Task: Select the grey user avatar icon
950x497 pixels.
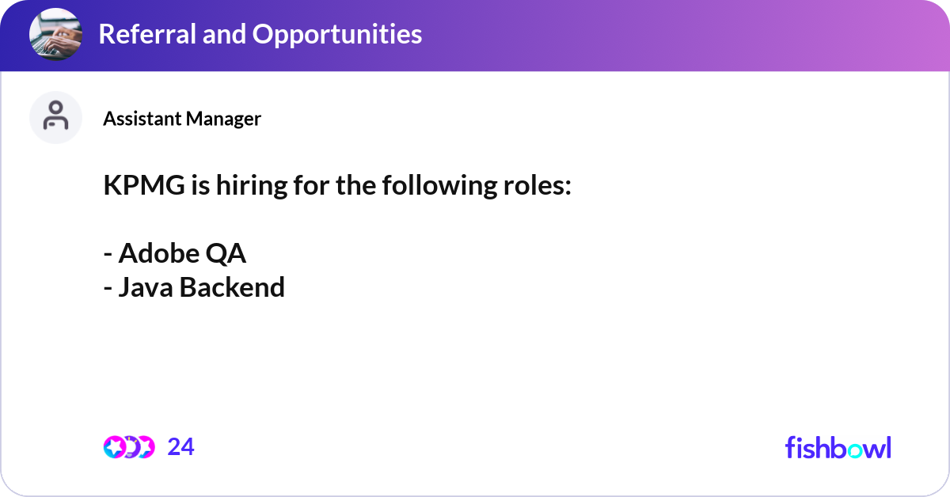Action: click(x=55, y=117)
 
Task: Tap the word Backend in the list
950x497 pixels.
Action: click(x=232, y=287)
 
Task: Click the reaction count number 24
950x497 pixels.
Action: click(x=180, y=447)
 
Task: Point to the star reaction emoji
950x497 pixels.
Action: click(x=115, y=447)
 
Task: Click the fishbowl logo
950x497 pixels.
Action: click(x=838, y=447)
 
